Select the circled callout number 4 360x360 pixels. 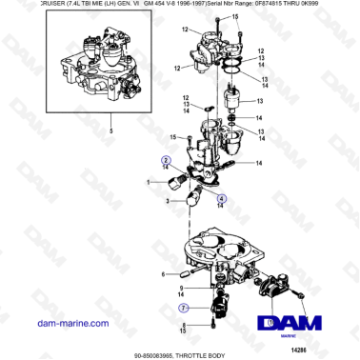pyautogui.click(x=221, y=199)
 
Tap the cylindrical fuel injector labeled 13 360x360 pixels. pyautogui.click(x=232, y=97)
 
